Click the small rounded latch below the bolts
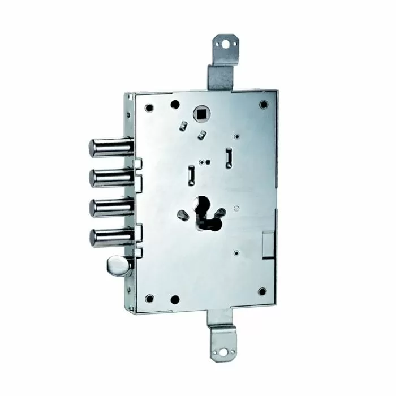[x=117, y=264]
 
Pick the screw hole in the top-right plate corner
[x=263, y=105]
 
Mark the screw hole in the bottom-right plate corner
[x=262, y=292]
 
